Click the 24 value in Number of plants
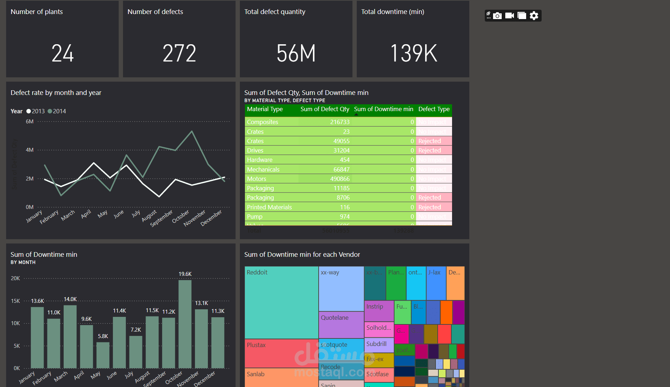point(63,53)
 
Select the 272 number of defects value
point(179,53)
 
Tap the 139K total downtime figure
point(413,53)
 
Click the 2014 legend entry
point(57,111)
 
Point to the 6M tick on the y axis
point(29,122)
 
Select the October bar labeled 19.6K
point(185,324)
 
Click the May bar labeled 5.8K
point(103,355)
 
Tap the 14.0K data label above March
point(70,299)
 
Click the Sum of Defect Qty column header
point(325,109)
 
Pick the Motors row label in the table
point(257,179)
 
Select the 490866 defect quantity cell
point(340,179)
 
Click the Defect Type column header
point(434,109)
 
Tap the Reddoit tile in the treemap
point(281,302)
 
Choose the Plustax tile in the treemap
point(281,353)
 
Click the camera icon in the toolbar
point(497,16)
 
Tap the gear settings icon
point(534,16)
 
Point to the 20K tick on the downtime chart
point(15,278)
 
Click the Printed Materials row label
point(269,207)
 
